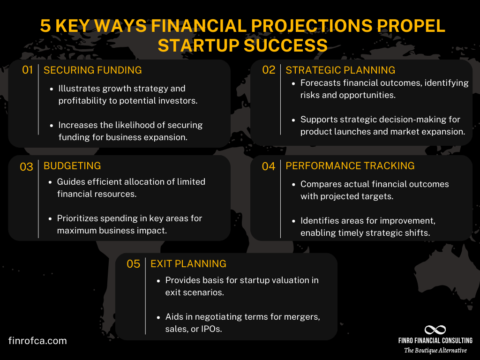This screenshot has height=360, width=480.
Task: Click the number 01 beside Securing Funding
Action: [x=28, y=70]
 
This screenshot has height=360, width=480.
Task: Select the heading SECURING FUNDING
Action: [x=92, y=70]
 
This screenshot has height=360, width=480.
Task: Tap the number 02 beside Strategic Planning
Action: [x=269, y=70]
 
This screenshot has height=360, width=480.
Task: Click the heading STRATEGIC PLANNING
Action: [x=340, y=70]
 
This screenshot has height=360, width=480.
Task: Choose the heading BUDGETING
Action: [x=72, y=166]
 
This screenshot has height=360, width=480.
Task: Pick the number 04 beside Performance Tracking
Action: [x=269, y=166]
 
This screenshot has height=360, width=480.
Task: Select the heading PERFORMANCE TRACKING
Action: [x=350, y=166]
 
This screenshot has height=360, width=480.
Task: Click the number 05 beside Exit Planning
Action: [x=134, y=264]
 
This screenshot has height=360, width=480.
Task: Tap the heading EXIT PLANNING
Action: [x=188, y=264]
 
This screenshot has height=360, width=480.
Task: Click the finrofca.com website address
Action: [x=37, y=341]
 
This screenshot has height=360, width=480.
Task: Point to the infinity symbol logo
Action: [x=435, y=330]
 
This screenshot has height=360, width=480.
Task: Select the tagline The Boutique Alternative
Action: [x=435, y=350]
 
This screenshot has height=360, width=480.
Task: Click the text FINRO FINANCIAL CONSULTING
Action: [x=435, y=341]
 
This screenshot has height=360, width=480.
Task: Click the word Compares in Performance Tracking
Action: [x=319, y=184]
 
